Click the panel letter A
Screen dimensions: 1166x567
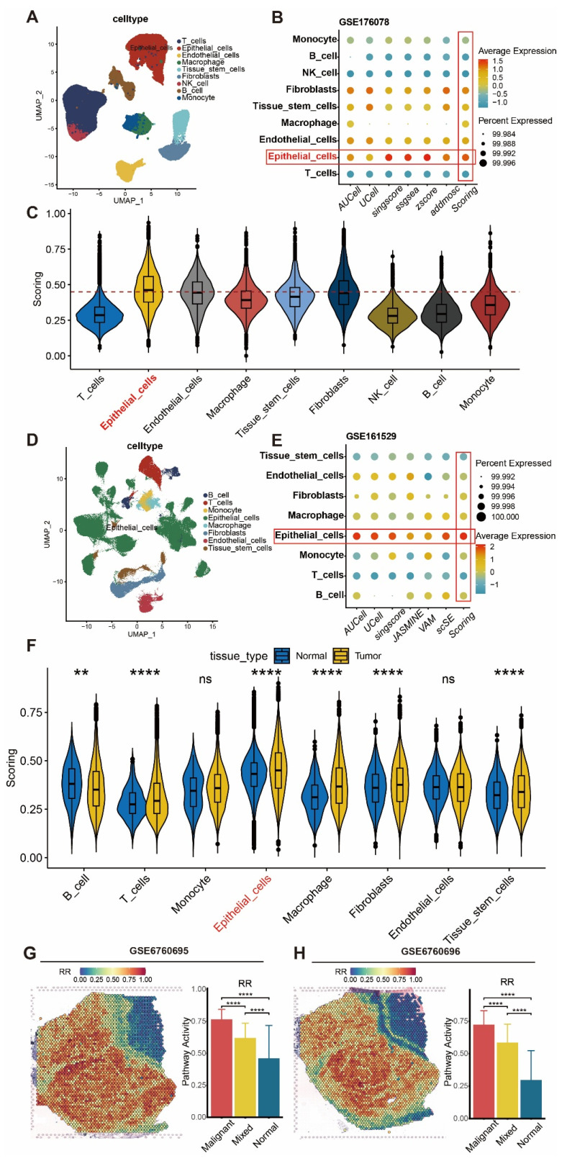32,17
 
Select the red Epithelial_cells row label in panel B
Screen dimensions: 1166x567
302,156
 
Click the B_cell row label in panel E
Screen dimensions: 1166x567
330,595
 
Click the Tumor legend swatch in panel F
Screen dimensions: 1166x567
340,656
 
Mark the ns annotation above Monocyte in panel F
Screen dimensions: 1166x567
205,679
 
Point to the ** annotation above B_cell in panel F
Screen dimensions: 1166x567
81,673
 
